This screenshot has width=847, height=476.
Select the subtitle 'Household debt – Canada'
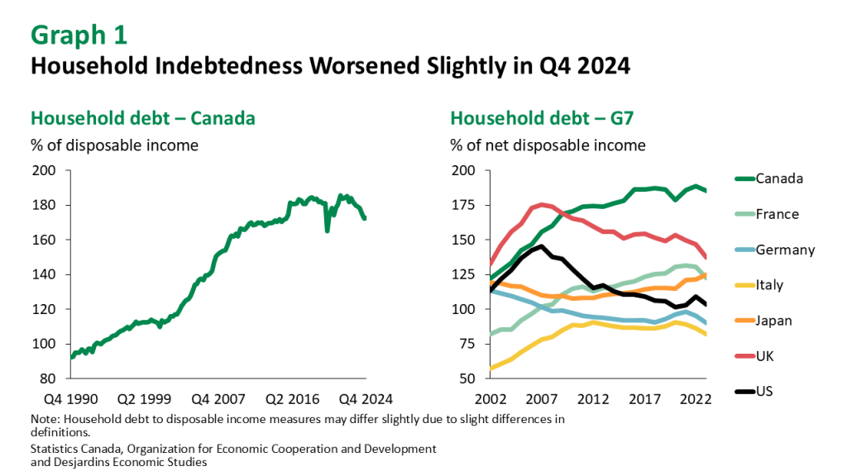tap(142, 118)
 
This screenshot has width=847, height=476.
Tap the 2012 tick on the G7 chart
tap(593, 398)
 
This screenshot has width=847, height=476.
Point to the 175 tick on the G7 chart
tap(465, 206)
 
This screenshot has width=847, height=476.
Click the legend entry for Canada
tap(778, 178)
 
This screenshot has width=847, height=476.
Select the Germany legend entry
tap(785, 250)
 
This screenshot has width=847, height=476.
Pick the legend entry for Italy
tap(769, 285)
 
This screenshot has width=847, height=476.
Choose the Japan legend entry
tap(774, 321)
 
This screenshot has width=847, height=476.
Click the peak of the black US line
tap(541, 245)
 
